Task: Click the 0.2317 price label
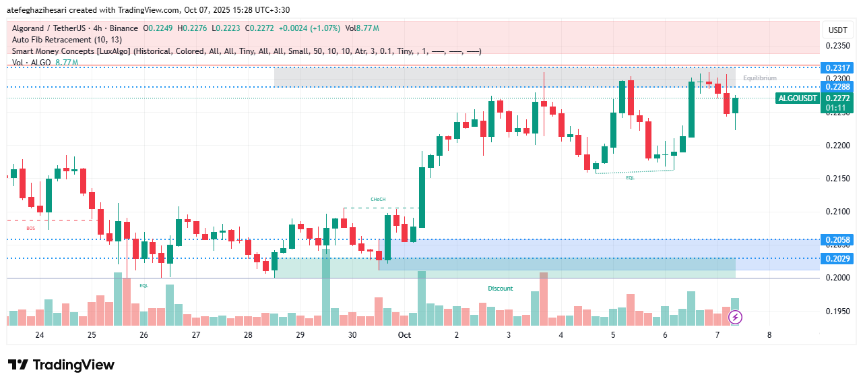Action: (837, 67)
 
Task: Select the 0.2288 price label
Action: (837, 86)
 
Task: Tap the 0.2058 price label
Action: (837, 239)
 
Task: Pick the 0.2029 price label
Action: (837, 258)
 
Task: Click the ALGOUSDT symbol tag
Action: (798, 98)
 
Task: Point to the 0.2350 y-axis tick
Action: (837, 46)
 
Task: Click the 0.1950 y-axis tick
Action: (837, 311)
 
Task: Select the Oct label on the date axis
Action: (404, 335)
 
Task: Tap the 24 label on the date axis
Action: (39, 335)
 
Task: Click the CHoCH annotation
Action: (378, 200)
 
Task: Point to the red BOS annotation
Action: (30, 229)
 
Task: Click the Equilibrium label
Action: (760, 78)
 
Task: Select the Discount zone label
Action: (501, 289)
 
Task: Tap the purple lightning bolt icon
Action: (736, 316)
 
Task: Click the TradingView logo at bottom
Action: (61, 365)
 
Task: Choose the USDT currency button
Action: (837, 30)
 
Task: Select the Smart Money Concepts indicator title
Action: (71, 51)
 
